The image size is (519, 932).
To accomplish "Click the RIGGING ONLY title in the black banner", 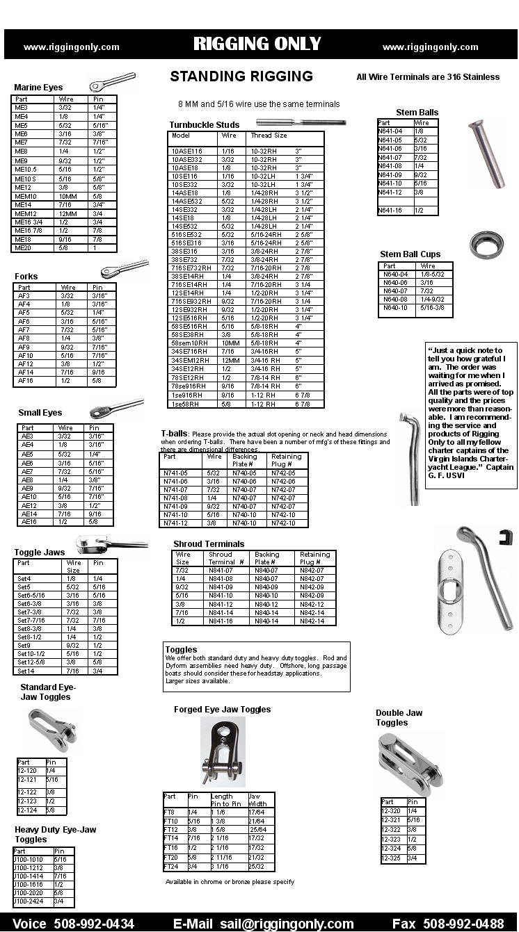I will [257, 44].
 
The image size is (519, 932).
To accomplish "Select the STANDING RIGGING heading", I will [241, 76].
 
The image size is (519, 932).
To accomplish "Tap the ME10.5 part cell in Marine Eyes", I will [26, 170].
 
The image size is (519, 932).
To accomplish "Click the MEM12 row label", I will [26, 213].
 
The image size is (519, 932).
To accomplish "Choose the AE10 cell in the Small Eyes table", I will [29, 497].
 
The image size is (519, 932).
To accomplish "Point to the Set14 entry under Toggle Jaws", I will [25, 671].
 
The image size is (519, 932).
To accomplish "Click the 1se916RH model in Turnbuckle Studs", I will [187, 395].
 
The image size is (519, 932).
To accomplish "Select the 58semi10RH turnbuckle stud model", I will [190, 343].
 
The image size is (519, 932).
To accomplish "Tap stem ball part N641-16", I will [390, 211].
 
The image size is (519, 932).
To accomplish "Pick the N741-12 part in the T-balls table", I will [175, 523].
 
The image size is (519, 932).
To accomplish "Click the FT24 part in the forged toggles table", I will [171, 867].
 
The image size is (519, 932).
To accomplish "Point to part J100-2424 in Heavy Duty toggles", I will [29, 901].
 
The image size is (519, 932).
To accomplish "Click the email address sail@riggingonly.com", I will [287, 924].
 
